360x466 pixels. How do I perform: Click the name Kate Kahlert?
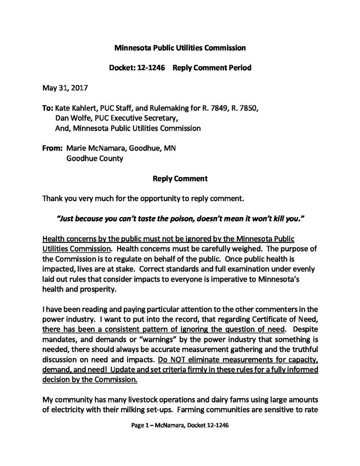[75, 109]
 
